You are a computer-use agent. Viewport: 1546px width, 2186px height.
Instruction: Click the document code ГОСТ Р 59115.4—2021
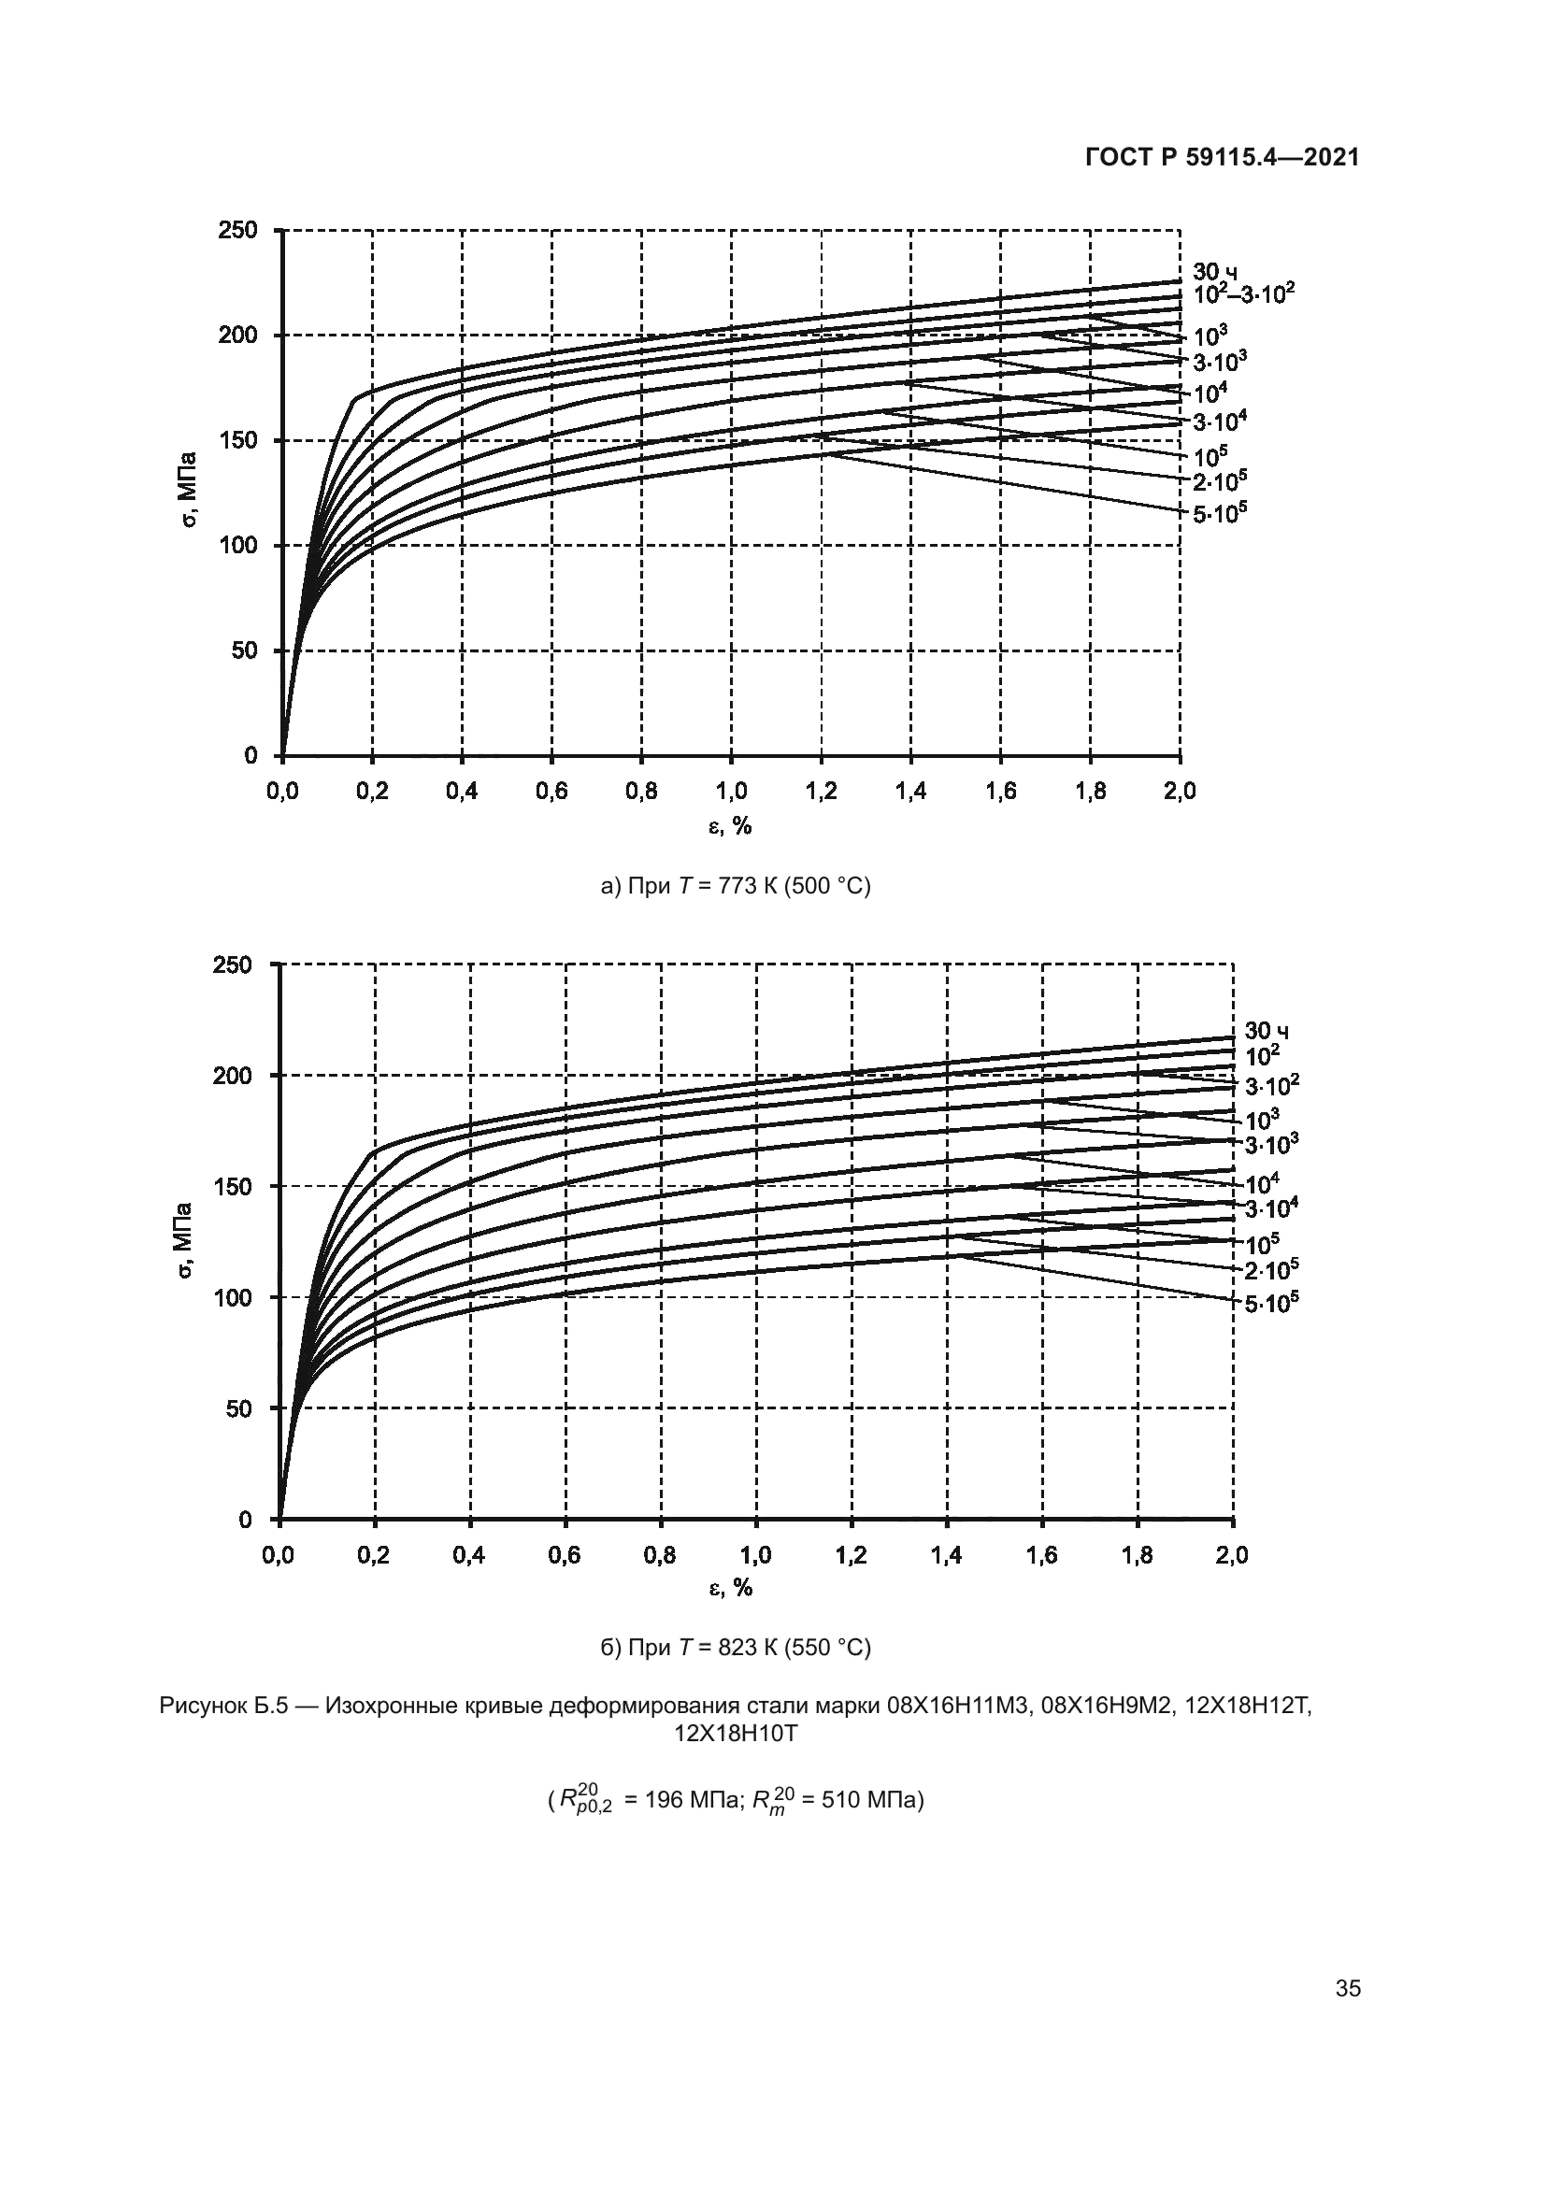pyautogui.click(x=1223, y=158)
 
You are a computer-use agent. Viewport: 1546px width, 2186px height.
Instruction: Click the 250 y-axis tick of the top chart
pyautogui.click(x=238, y=231)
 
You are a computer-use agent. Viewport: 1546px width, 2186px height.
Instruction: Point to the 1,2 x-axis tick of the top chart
pyautogui.click(x=821, y=792)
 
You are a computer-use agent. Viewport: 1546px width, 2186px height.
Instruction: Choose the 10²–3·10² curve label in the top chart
pyautogui.click(x=1243, y=293)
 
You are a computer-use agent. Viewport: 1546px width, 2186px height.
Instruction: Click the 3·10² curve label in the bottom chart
pyautogui.click(x=1272, y=1085)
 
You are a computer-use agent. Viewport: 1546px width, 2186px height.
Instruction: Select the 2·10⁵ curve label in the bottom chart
pyautogui.click(x=1272, y=1269)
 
